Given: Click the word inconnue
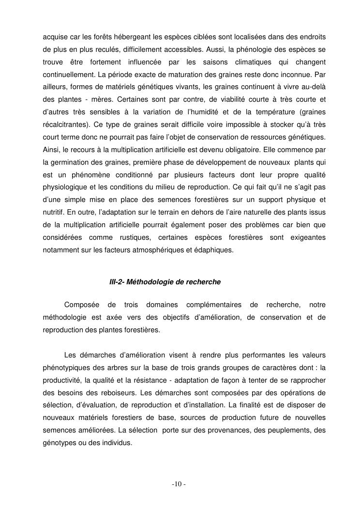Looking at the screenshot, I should (x=299, y=75).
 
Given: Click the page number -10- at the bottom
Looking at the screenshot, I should (x=180, y=484).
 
